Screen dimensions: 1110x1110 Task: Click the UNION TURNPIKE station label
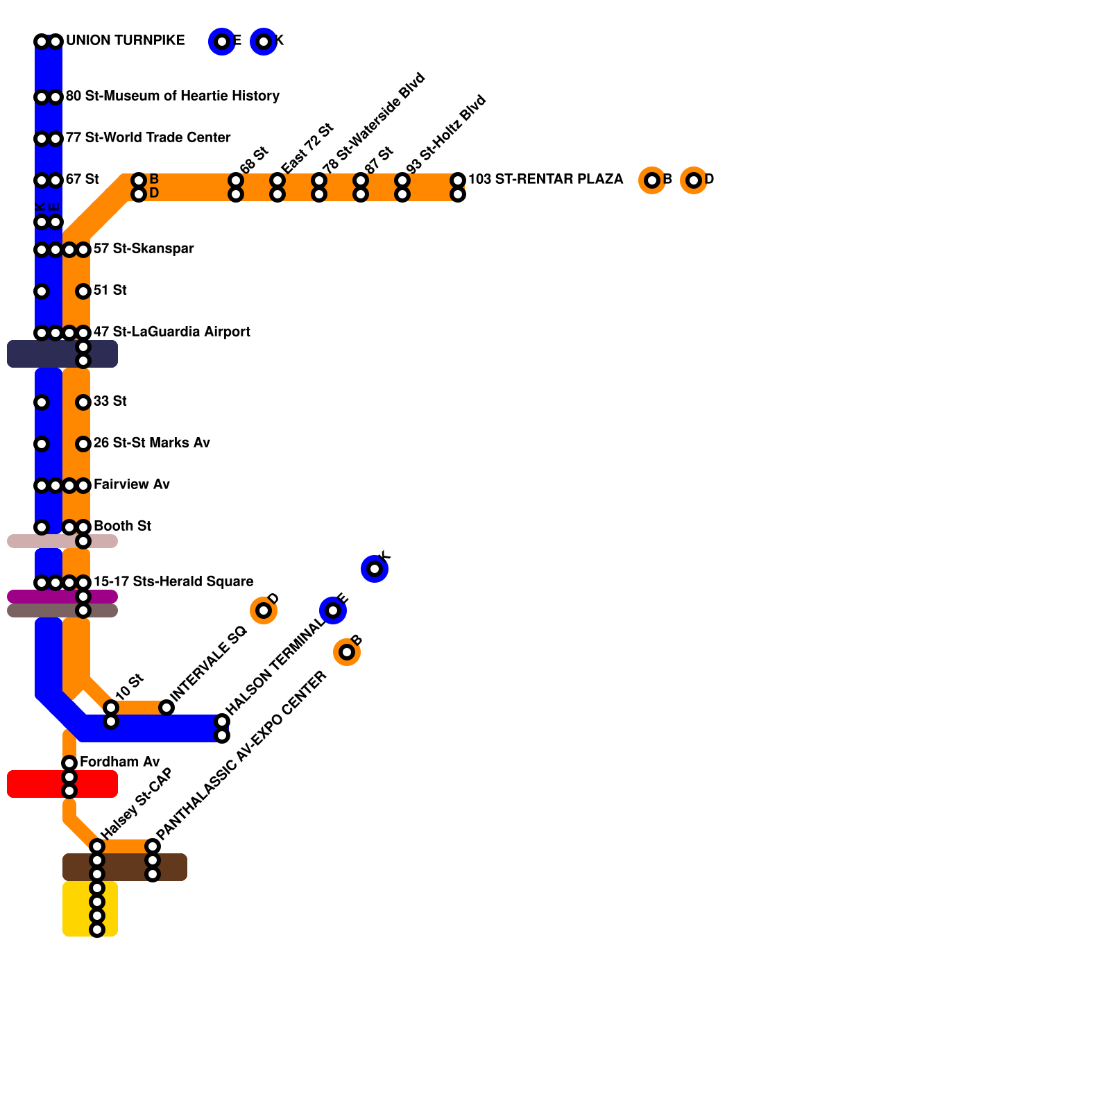[x=125, y=41]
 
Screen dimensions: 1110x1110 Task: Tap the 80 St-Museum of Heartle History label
[x=172, y=96]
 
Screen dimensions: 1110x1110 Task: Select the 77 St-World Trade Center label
[x=148, y=138]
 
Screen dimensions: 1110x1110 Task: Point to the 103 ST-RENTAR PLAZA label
[x=545, y=180]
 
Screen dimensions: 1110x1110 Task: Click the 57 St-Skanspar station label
[x=144, y=249]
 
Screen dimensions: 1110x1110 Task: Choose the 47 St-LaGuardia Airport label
[x=171, y=332]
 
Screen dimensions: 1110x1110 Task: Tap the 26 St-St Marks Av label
[x=151, y=443]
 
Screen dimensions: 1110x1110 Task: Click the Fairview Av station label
[x=131, y=485]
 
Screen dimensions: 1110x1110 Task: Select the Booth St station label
[x=122, y=527]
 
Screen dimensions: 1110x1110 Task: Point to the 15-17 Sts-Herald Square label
[x=173, y=582]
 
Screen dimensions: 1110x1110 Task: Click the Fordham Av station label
[x=119, y=762]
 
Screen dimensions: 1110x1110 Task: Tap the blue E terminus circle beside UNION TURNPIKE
[x=222, y=42]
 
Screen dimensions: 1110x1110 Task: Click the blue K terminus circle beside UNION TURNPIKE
[x=264, y=42]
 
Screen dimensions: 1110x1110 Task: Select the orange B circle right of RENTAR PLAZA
[x=652, y=180]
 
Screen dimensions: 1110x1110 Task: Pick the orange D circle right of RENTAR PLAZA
[x=694, y=180]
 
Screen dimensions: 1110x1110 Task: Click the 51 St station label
[x=110, y=291]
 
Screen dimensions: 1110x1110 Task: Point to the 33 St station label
[x=110, y=402]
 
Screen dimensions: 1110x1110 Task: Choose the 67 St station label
[x=82, y=180]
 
